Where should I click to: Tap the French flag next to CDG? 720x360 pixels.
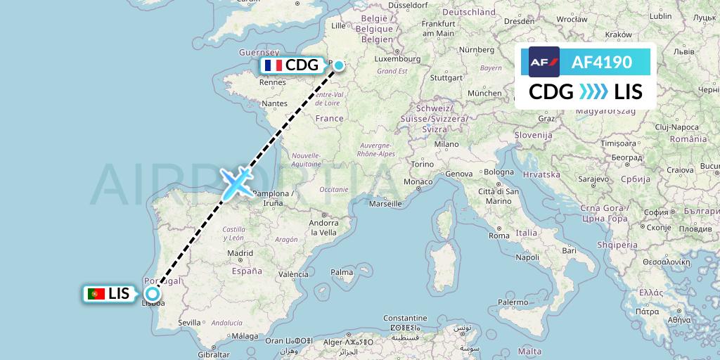pyautogui.click(x=272, y=65)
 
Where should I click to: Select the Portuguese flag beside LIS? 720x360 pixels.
pyautogui.click(x=96, y=294)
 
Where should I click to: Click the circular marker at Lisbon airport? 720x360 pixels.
pyautogui.click(x=152, y=294)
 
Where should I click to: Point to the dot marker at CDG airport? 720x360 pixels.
pyautogui.click(x=339, y=65)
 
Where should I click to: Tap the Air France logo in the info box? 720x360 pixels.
pyautogui.click(x=544, y=62)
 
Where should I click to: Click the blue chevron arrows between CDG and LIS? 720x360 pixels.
pyautogui.click(x=593, y=91)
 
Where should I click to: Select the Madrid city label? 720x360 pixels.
pyautogui.click(x=240, y=253)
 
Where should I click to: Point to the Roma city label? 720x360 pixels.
pyautogui.click(x=499, y=236)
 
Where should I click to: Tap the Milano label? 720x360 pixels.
pyautogui.click(x=446, y=143)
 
